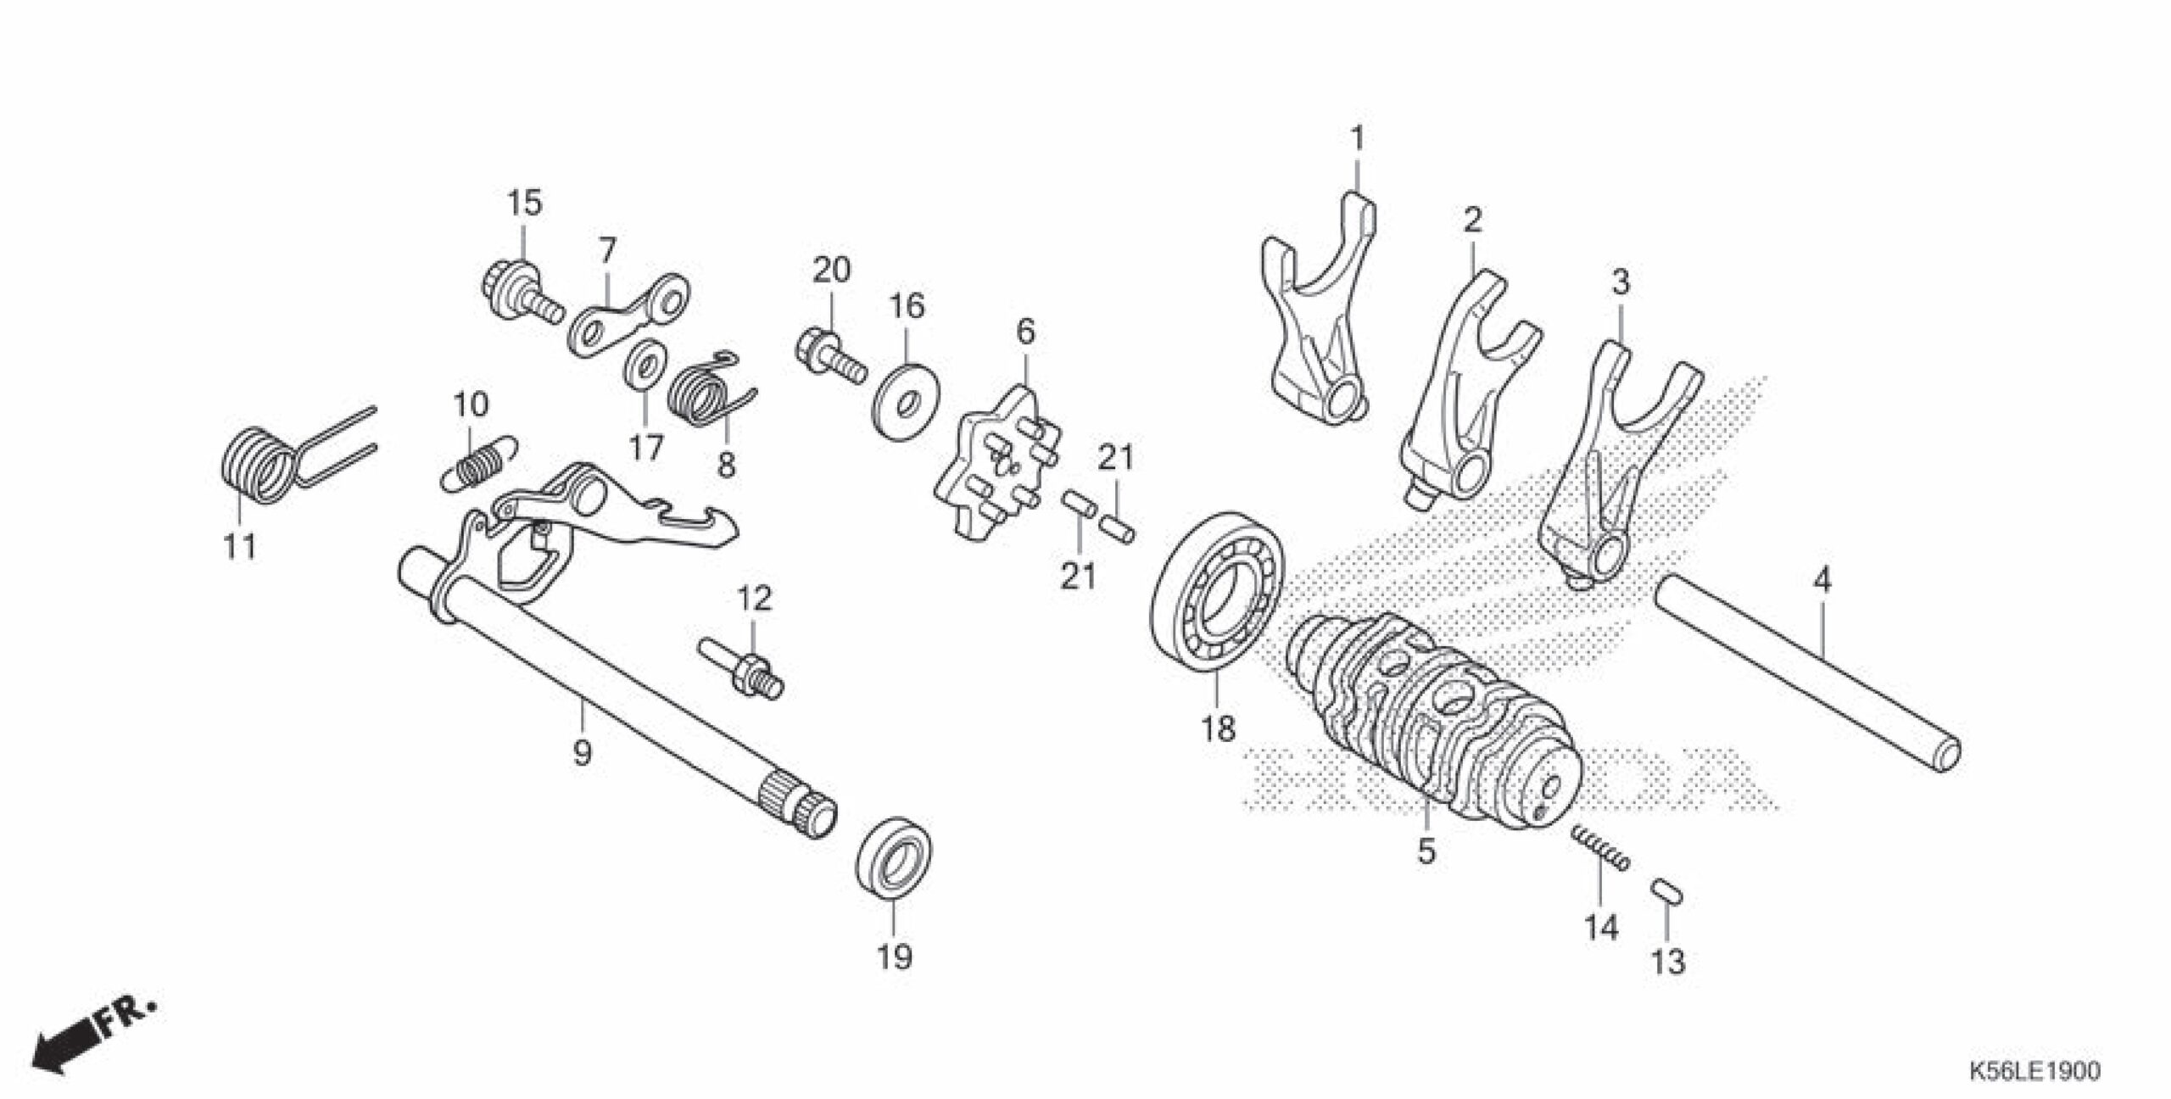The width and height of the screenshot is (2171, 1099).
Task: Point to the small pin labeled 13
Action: (x=1666, y=917)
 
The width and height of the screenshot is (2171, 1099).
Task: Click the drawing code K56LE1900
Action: (x=2034, y=1073)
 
